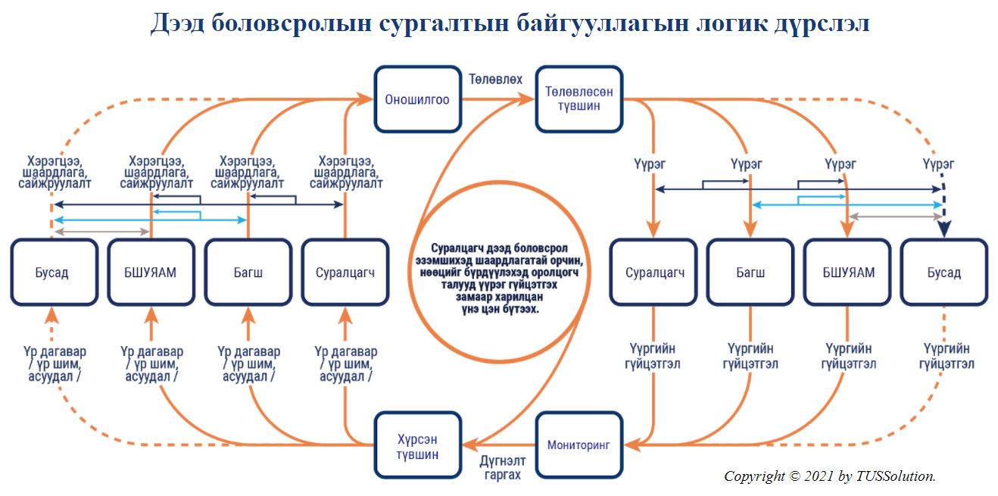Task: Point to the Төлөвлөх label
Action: tap(495, 80)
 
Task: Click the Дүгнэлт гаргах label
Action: tap(503, 467)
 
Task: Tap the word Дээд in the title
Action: tap(177, 24)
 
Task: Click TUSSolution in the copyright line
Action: tap(896, 476)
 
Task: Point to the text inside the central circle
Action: tap(499, 279)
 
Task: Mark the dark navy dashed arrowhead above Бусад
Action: tap(944, 228)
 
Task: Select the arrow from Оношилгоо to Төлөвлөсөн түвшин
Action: tap(498, 99)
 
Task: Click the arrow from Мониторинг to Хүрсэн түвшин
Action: tap(498, 445)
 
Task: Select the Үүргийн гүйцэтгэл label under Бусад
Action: tap(947, 356)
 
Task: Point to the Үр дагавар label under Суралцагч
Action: tap(346, 364)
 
